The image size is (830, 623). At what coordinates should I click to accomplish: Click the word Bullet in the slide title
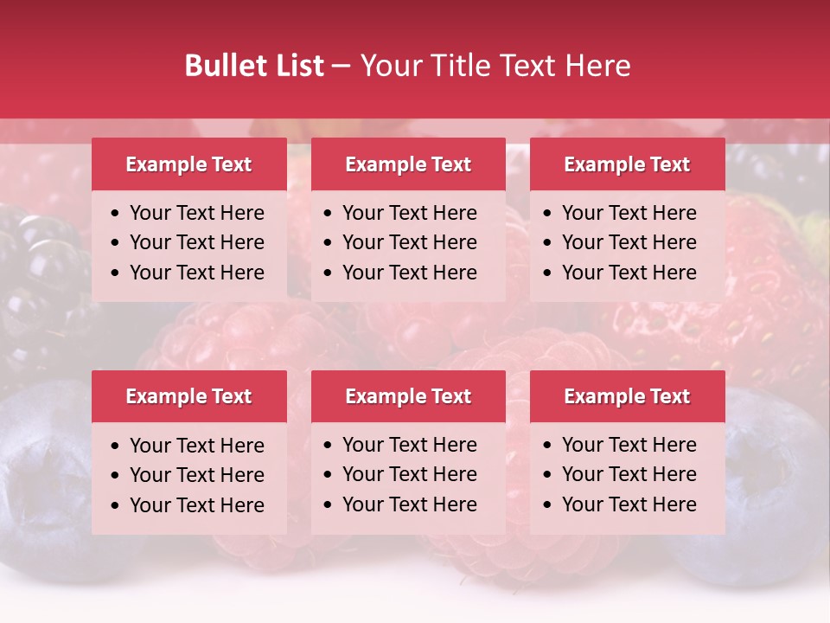(223, 66)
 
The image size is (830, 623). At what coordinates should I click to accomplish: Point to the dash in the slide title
(342, 67)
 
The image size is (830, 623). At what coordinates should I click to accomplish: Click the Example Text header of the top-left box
(188, 164)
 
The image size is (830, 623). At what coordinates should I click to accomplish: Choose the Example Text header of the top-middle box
(408, 164)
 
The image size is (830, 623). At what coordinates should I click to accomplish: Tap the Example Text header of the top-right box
(627, 164)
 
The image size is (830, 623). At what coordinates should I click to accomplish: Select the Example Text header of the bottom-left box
(188, 396)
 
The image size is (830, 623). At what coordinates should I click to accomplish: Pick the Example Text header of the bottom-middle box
(408, 396)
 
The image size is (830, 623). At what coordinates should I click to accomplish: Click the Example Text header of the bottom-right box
(627, 396)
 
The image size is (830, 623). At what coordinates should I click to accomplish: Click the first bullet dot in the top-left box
(116, 214)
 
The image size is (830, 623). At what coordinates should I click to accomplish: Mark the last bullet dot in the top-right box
(548, 273)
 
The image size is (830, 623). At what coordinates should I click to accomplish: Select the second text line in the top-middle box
(409, 242)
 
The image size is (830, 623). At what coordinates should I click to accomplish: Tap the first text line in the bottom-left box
(196, 446)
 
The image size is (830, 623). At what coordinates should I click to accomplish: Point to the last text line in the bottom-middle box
(409, 504)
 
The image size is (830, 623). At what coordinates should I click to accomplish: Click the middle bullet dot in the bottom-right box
(548, 475)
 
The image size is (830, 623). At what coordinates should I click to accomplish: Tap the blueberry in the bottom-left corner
(43, 485)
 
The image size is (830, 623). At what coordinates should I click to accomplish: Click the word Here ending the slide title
(597, 66)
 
